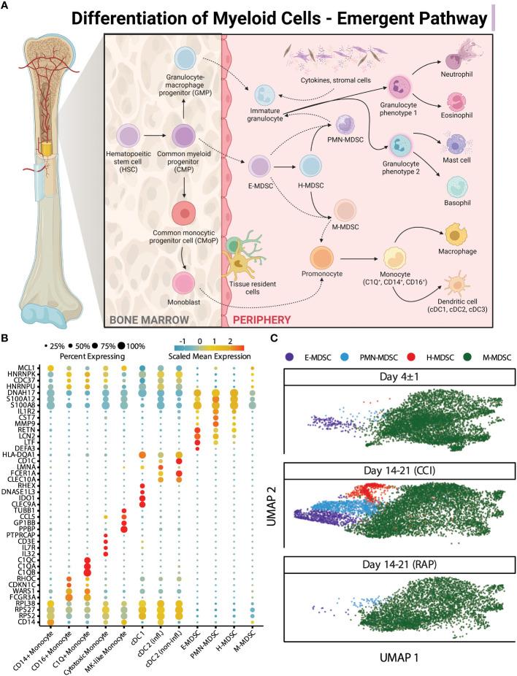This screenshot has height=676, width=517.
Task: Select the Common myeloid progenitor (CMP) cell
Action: coord(183,137)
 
